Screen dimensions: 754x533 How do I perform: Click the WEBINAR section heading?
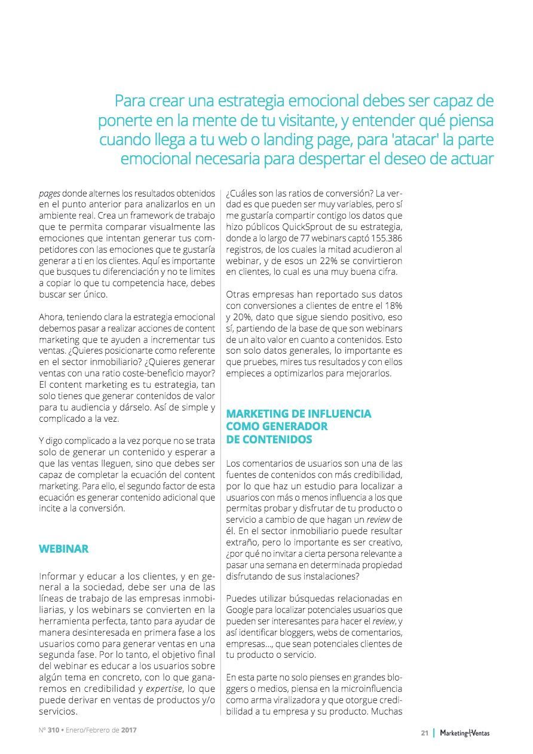[x=64, y=548]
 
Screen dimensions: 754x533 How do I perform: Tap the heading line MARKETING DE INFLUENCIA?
[x=298, y=413]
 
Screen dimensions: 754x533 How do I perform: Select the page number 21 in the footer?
[x=424, y=733]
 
